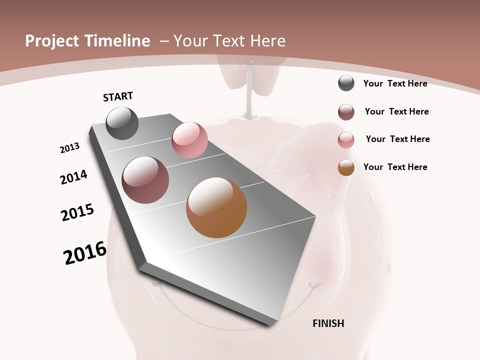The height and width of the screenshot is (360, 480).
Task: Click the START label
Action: coord(118,96)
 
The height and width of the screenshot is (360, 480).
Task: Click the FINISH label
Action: coord(328,323)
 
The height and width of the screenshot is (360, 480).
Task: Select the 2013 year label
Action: coord(70,148)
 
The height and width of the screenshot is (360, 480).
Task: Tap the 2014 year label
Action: coord(73,177)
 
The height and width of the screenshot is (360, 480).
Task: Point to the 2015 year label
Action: coord(77,212)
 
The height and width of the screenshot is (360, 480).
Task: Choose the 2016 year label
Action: coord(85,253)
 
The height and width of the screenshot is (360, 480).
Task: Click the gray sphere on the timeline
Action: coord(122,123)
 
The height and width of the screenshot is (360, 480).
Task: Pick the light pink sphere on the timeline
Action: coord(189,140)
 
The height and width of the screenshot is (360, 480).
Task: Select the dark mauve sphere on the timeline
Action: coord(145,180)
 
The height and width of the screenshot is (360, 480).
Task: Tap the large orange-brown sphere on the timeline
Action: coord(216,207)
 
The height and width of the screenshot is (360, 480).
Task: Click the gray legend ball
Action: coord(346,83)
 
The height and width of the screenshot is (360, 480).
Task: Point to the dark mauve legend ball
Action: coord(346,112)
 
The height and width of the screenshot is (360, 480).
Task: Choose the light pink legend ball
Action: coord(346,140)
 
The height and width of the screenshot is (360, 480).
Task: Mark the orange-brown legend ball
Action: coord(346,167)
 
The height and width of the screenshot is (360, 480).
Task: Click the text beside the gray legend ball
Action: coord(395,83)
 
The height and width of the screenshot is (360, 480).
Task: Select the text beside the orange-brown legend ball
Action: coord(395,167)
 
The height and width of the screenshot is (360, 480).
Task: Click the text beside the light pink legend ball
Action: coord(397,139)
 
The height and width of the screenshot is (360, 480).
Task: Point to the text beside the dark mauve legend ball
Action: coord(396,111)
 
